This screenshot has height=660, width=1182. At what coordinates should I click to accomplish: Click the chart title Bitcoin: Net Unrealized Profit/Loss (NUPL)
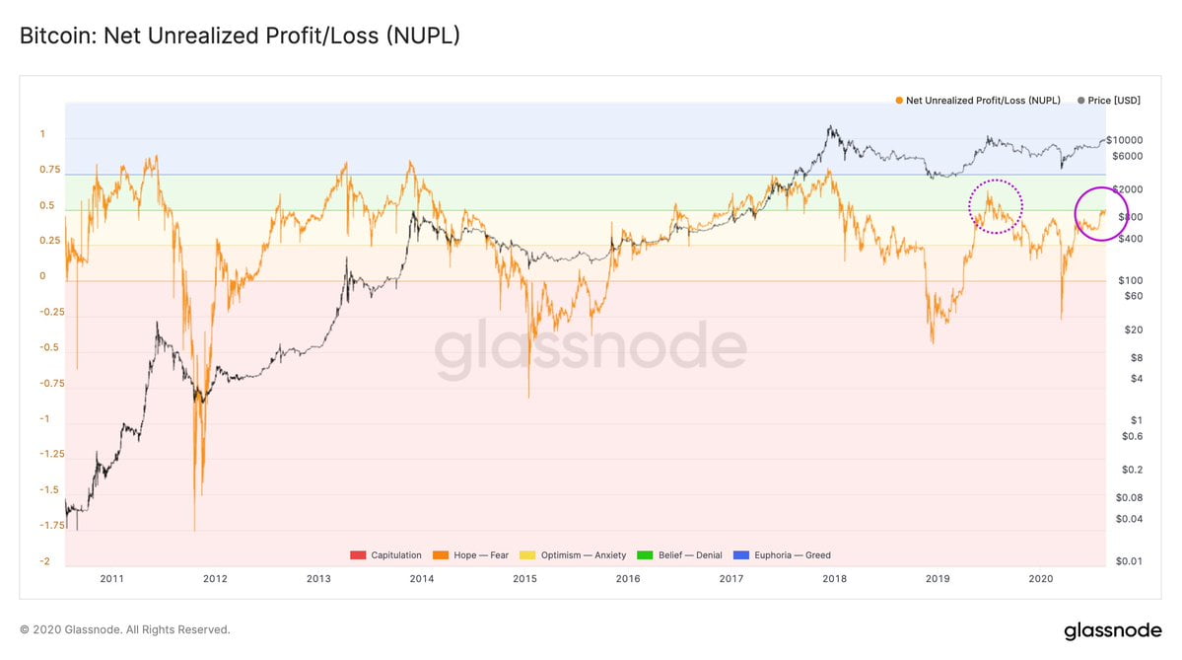(240, 37)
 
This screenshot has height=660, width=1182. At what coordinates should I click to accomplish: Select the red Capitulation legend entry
(385, 555)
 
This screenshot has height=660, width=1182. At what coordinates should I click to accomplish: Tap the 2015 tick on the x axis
(524, 579)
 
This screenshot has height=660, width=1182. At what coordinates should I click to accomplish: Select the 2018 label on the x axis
(834, 579)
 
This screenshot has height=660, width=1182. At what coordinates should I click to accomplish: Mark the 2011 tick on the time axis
(111, 579)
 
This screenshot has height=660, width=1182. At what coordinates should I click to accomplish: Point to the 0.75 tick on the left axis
(49, 170)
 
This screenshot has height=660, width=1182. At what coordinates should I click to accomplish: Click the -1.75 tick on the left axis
(51, 526)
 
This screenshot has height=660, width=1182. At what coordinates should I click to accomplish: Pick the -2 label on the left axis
(44, 561)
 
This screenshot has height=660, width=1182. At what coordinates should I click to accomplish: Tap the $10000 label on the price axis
(1124, 140)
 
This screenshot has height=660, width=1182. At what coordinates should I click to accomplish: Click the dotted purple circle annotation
(995, 206)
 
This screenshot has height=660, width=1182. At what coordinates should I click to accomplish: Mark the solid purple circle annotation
(1101, 213)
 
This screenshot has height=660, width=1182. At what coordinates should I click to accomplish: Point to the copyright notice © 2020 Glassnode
(125, 629)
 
